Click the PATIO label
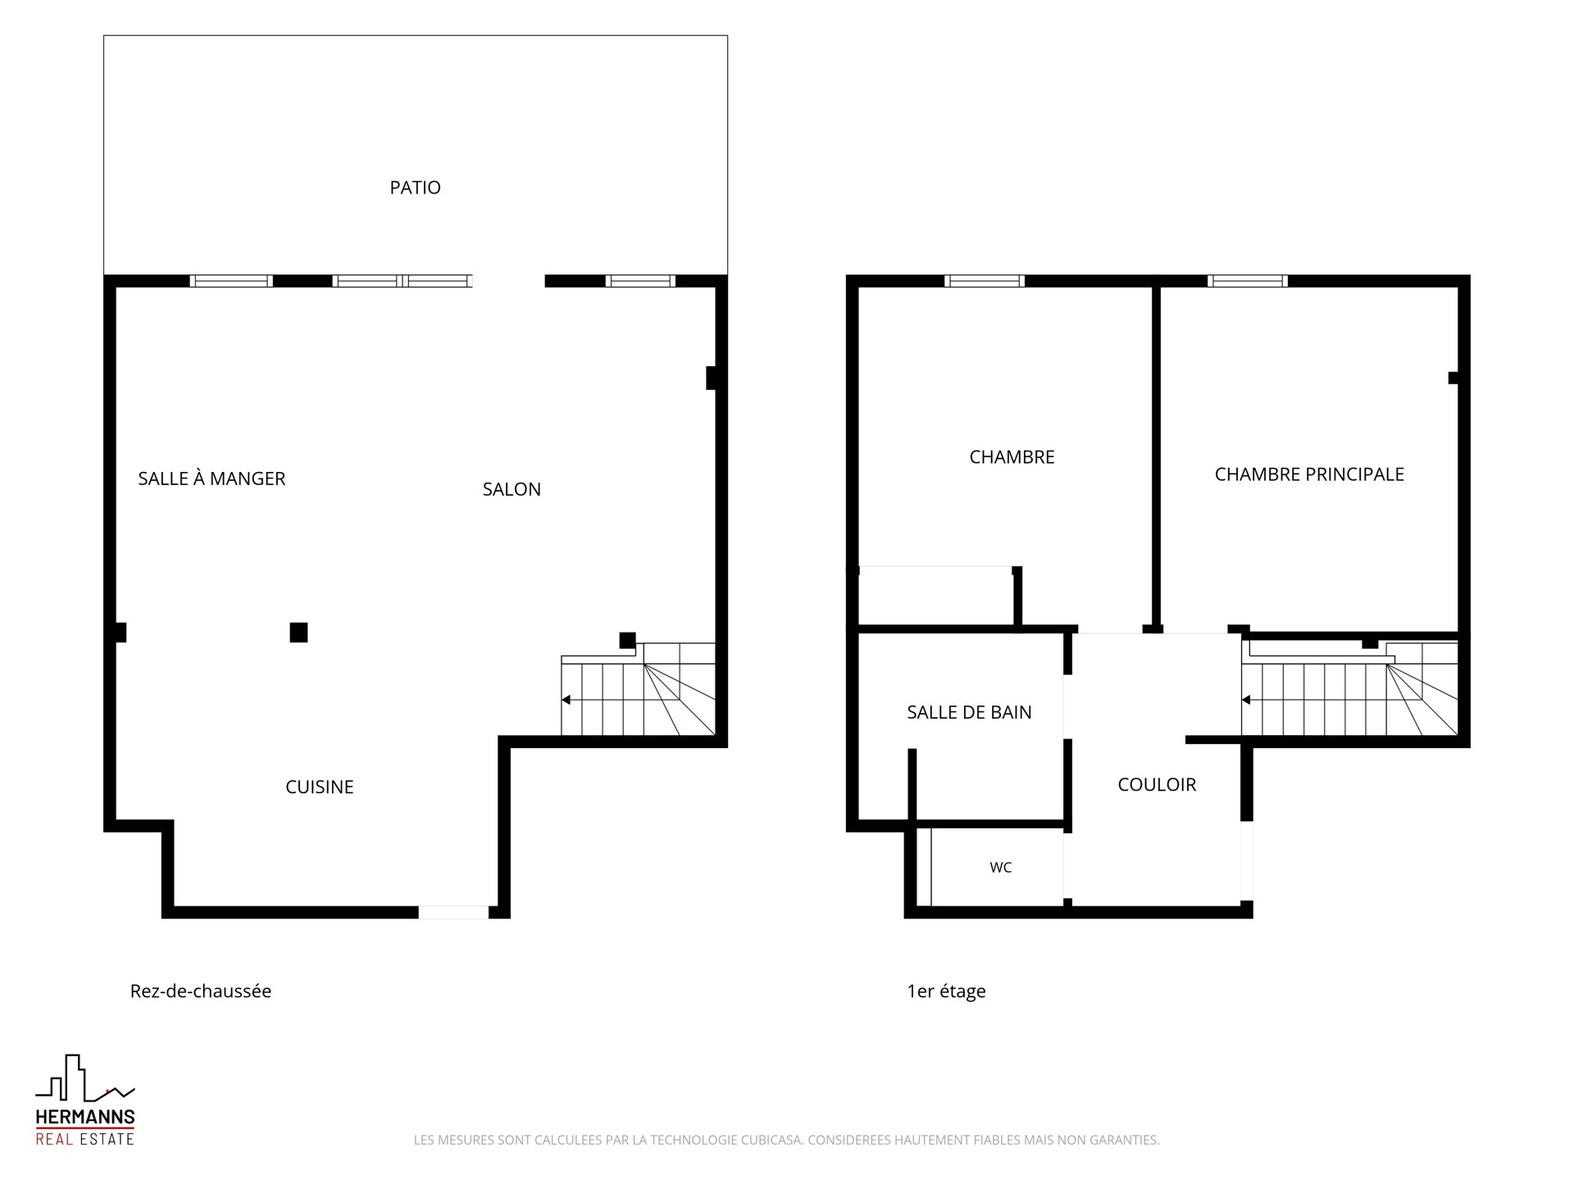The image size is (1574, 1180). [x=415, y=188]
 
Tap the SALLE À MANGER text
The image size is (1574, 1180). [x=212, y=479]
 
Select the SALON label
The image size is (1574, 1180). [x=512, y=489]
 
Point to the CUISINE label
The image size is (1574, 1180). [x=320, y=787]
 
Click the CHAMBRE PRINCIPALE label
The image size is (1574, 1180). [x=1309, y=474]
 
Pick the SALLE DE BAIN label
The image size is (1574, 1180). [x=969, y=712]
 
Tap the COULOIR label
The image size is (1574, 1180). [x=1157, y=784]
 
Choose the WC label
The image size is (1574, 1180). [x=1000, y=867]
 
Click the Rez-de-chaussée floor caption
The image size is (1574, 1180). [x=201, y=991]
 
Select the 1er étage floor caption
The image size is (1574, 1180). [x=946, y=992]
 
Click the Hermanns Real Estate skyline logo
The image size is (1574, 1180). [x=84, y=1078]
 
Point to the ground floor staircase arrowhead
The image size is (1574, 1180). [x=566, y=700]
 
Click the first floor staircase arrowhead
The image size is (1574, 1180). [x=1246, y=700]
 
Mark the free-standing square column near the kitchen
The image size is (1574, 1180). [x=298, y=632]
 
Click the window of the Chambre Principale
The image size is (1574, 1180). [x=1247, y=281]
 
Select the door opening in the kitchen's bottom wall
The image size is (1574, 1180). [x=453, y=912]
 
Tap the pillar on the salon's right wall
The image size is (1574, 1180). [x=712, y=378]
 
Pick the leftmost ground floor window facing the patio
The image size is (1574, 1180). [x=231, y=281]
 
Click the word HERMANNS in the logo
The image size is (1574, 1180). [x=85, y=1117]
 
